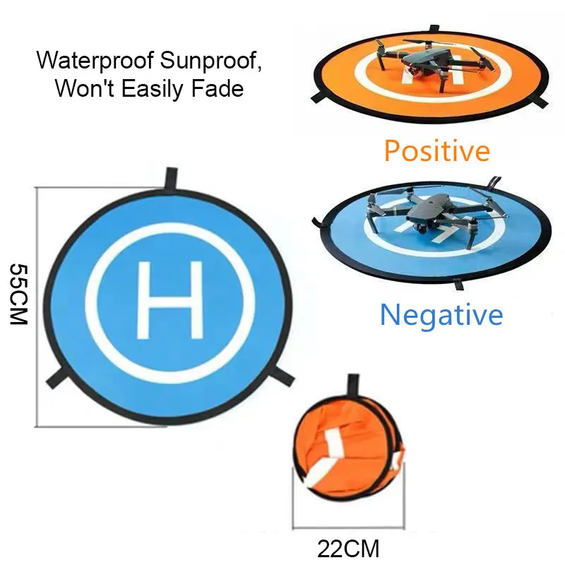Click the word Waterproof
[x=95, y=61]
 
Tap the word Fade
[x=218, y=89]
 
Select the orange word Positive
[x=436, y=150]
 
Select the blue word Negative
[x=441, y=314]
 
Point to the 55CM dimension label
[x=18, y=294]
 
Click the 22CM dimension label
[x=348, y=547]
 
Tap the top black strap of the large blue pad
[x=169, y=179]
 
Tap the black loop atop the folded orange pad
[x=351, y=387]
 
